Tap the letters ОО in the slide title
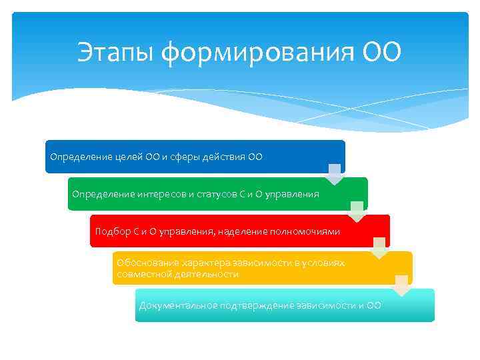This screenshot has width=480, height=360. click(x=382, y=52)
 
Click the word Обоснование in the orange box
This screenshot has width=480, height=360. click(x=144, y=263)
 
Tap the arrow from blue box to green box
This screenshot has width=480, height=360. click(x=335, y=174)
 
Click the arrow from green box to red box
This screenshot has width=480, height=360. click(x=357, y=211)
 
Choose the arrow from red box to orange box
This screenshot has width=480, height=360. click(x=379, y=248)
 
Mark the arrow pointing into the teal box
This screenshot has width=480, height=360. click(x=402, y=285)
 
